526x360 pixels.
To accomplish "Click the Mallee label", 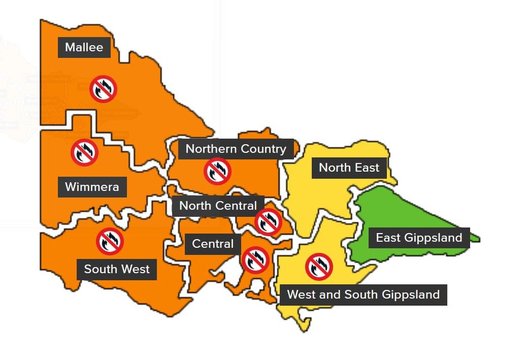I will [x=84, y=47].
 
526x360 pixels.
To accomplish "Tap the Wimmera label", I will [x=92, y=187].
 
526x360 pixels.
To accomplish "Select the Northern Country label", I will [x=236, y=149].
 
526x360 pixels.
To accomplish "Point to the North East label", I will [x=349, y=168].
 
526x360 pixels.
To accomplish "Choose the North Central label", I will [x=218, y=206].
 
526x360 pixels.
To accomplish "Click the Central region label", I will [x=213, y=244].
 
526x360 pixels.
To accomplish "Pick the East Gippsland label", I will [x=419, y=238].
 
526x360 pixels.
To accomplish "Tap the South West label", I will [x=117, y=269].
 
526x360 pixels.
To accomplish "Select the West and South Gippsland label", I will [x=363, y=294].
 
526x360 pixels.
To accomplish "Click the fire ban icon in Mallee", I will [x=104, y=89].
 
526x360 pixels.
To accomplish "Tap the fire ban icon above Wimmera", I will [x=84, y=152].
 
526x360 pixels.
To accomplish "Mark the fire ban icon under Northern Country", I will [x=217, y=171].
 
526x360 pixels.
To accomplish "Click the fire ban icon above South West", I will [x=110, y=241].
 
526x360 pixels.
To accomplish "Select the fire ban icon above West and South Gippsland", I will [x=319, y=266].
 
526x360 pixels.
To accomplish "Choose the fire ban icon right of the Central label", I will [x=255, y=260].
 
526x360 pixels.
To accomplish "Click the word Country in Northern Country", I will [x=264, y=149].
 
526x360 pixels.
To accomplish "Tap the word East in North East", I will [x=367, y=168].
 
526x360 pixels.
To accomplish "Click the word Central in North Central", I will [x=237, y=206].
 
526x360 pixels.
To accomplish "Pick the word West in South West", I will [x=135, y=269].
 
